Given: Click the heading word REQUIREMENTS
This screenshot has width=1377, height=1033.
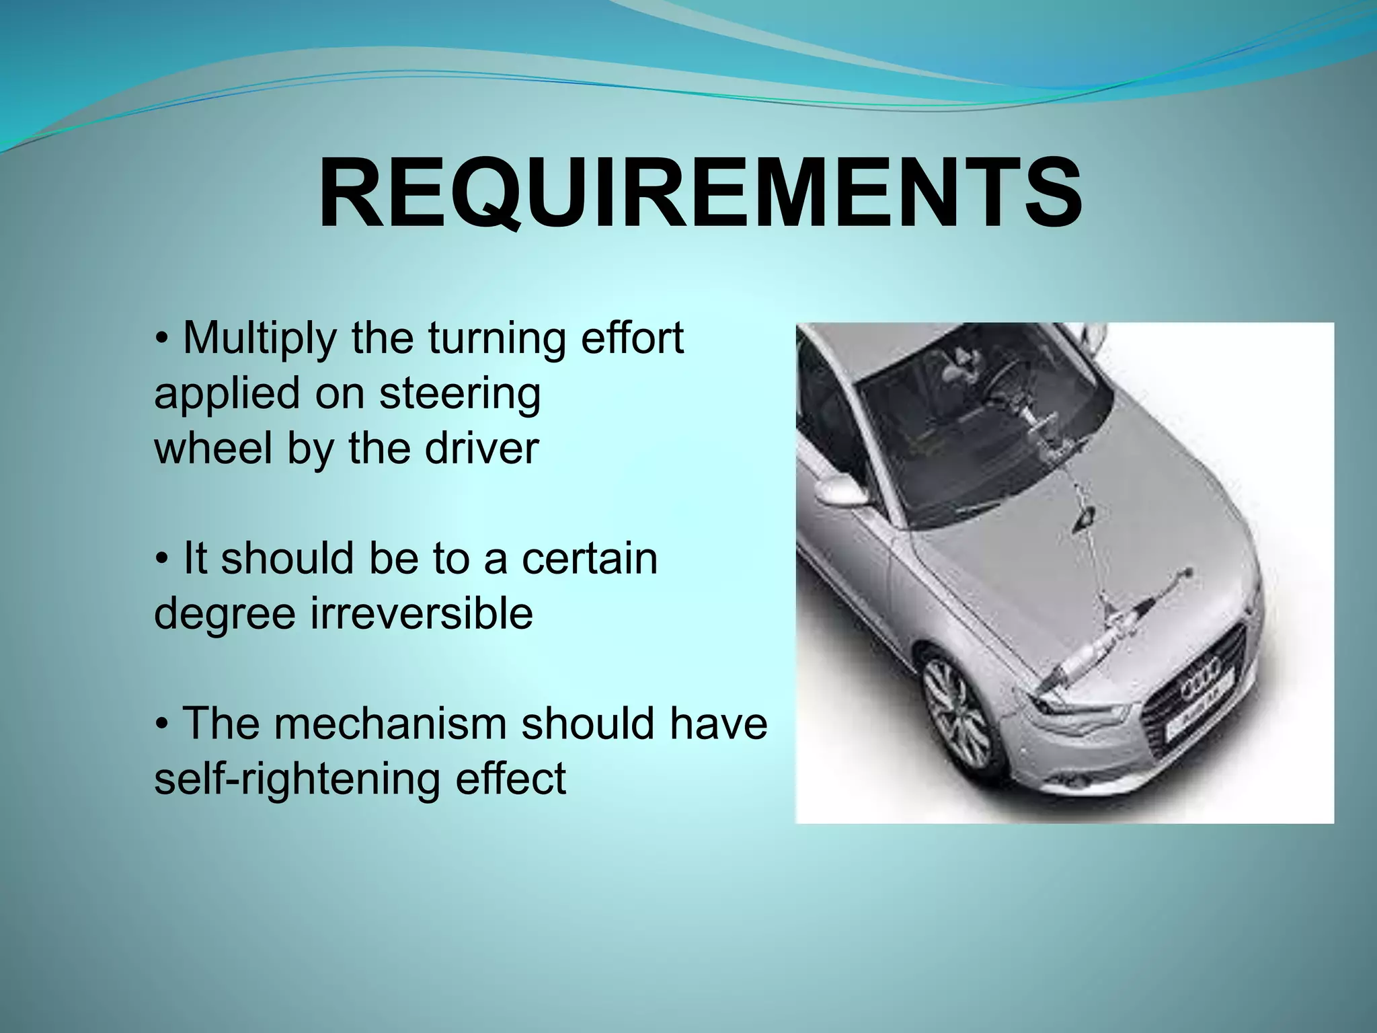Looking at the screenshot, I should tap(700, 194).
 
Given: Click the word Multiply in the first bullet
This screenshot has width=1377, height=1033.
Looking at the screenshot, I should tap(259, 338).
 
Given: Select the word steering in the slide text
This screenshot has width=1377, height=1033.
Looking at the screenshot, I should tap(460, 394).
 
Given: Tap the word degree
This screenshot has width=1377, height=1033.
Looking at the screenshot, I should tap(225, 615).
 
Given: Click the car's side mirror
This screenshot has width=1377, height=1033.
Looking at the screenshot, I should tap(840, 491).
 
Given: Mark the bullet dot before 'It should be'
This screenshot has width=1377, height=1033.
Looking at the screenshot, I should tap(161, 560).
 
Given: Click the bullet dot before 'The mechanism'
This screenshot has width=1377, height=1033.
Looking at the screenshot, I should tap(161, 724).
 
